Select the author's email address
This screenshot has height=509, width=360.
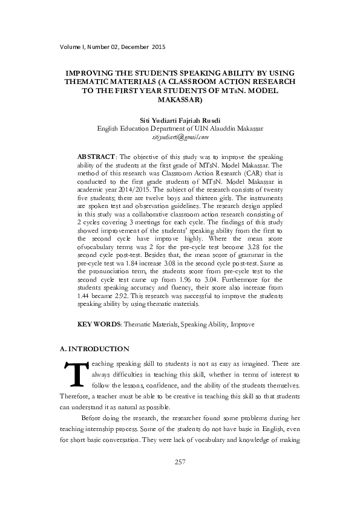tap(180, 137)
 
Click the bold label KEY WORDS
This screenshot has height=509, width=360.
tap(99, 325)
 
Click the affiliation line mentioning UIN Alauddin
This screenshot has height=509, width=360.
tap(180, 129)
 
